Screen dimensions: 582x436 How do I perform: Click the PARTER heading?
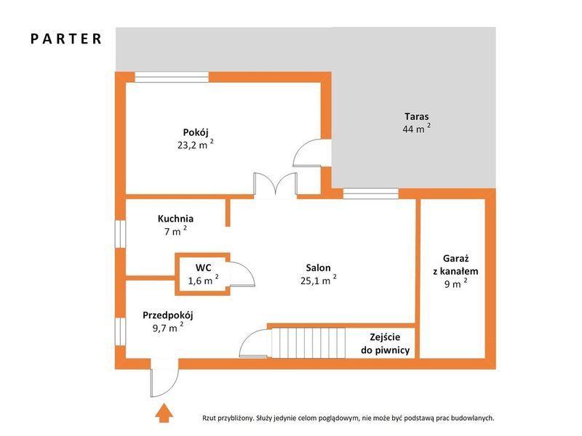point(66,39)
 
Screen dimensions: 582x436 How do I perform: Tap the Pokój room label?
point(196,132)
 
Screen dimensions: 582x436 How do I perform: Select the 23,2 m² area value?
point(195,144)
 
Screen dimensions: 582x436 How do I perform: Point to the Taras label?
point(416,116)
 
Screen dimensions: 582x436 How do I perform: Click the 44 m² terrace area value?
point(416,129)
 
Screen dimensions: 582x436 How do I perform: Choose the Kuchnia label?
point(175,219)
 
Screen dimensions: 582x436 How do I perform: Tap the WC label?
point(204,267)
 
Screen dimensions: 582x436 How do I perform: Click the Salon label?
point(318,267)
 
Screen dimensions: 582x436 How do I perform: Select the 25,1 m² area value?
point(319,280)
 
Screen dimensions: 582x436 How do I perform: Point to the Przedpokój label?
point(168,315)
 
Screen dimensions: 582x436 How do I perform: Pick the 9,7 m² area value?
point(168,328)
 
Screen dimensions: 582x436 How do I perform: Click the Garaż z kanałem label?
point(455,265)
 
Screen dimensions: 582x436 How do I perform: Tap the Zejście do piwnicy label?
point(385,343)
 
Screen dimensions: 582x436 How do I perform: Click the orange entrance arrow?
point(164,413)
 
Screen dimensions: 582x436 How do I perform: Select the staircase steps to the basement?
point(308,343)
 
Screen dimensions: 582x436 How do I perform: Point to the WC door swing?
point(242,274)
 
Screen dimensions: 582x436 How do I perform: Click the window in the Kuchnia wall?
point(120,233)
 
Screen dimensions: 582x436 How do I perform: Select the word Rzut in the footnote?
point(209,418)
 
